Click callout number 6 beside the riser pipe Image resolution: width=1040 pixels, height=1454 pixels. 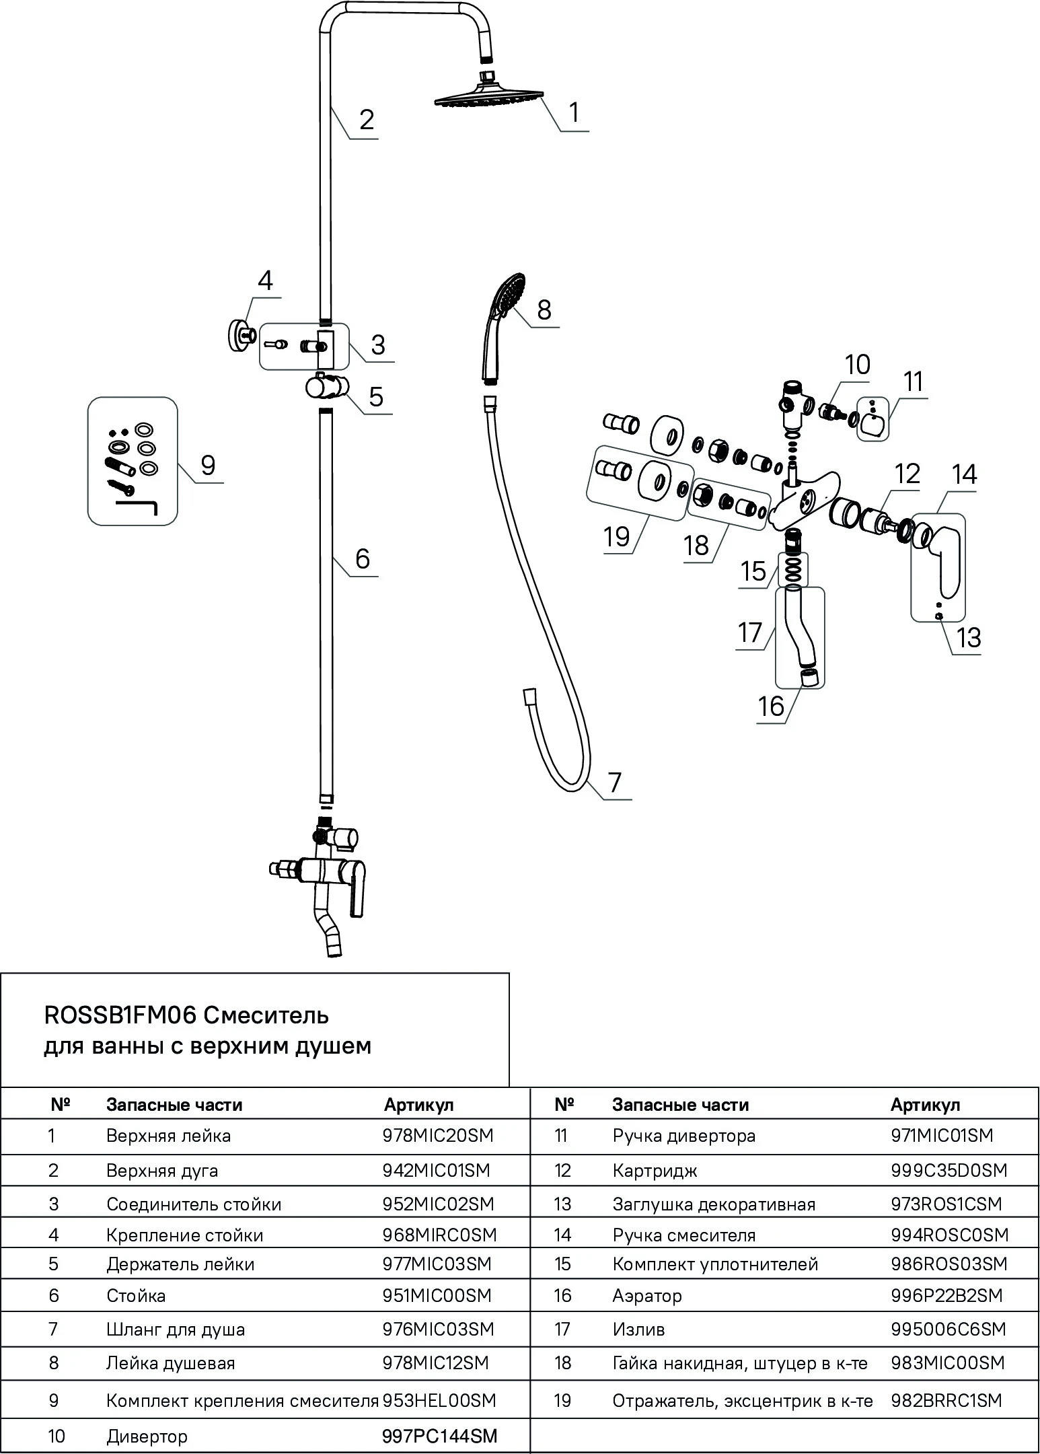point(362,559)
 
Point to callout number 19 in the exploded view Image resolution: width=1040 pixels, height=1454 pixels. point(616,536)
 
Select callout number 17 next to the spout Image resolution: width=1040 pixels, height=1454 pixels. point(749,632)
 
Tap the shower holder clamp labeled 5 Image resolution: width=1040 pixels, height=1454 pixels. point(326,388)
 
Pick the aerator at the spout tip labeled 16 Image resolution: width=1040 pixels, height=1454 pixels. point(810,677)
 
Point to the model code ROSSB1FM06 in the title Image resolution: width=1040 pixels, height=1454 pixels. point(120,1015)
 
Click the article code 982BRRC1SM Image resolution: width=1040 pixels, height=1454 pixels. point(946,1401)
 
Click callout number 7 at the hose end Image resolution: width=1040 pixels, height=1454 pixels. point(614,783)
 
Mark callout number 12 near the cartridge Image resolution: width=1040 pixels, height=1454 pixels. point(907,474)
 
